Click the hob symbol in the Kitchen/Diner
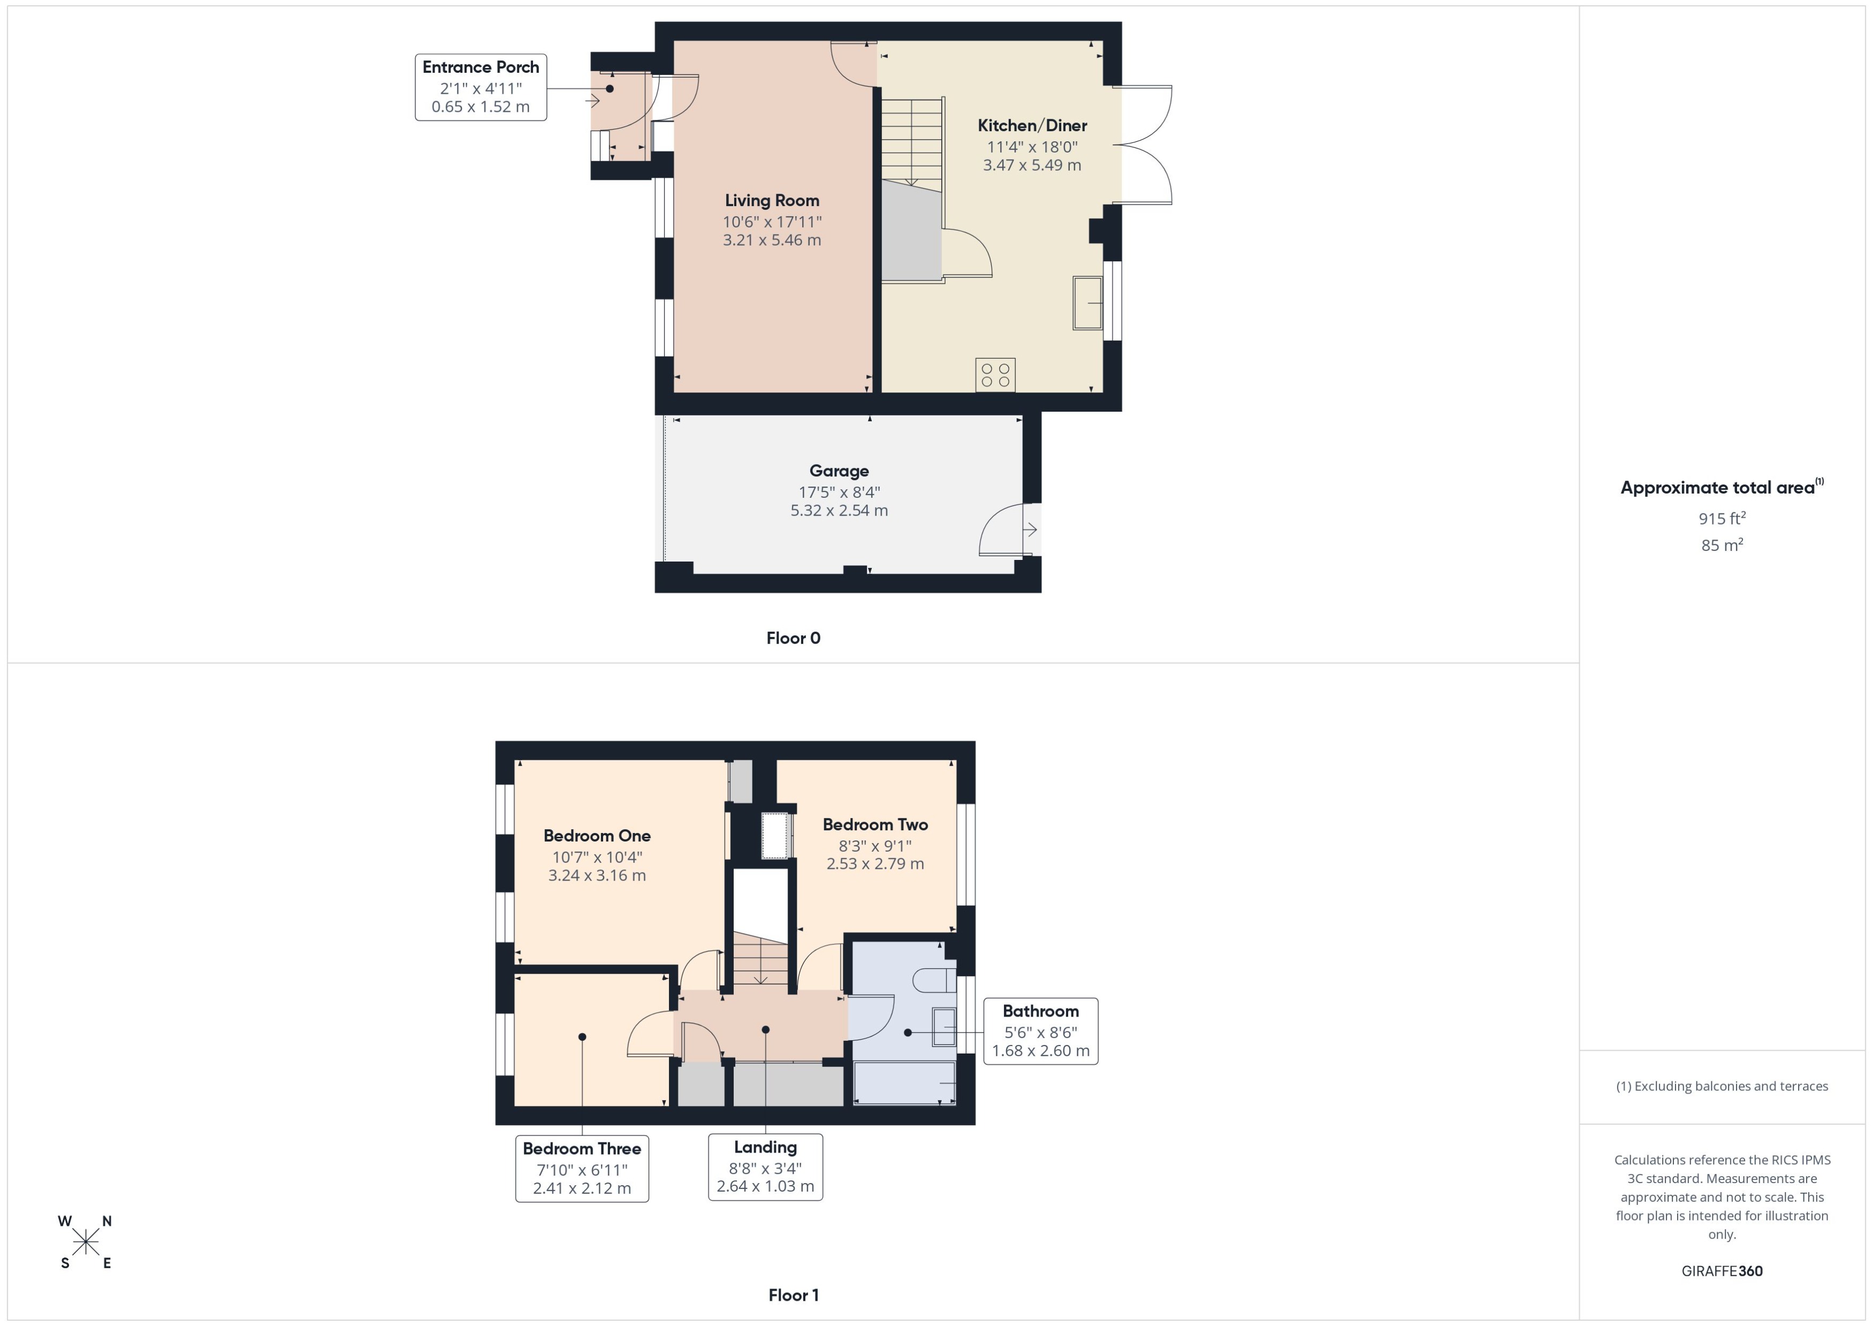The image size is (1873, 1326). tap(995, 375)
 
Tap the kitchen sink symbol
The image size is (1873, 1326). tap(1087, 303)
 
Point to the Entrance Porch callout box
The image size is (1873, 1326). tap(481, 87)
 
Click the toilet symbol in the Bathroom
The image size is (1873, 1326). tap(935, 979)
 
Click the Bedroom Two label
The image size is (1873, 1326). tap(875, 824)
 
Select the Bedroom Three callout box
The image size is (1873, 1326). tap(582, 1168)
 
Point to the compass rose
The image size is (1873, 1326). tap(86, 1242)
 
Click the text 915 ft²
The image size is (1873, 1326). tap(1722, 519)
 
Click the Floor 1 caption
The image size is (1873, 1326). tap(793, 1295)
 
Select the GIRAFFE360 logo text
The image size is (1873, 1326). tap(1722, 1270)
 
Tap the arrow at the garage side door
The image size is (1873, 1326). tap(1030, 530)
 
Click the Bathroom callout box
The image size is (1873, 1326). tap(1040, 1031)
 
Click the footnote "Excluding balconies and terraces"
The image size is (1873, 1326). tap(1722, 1086)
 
